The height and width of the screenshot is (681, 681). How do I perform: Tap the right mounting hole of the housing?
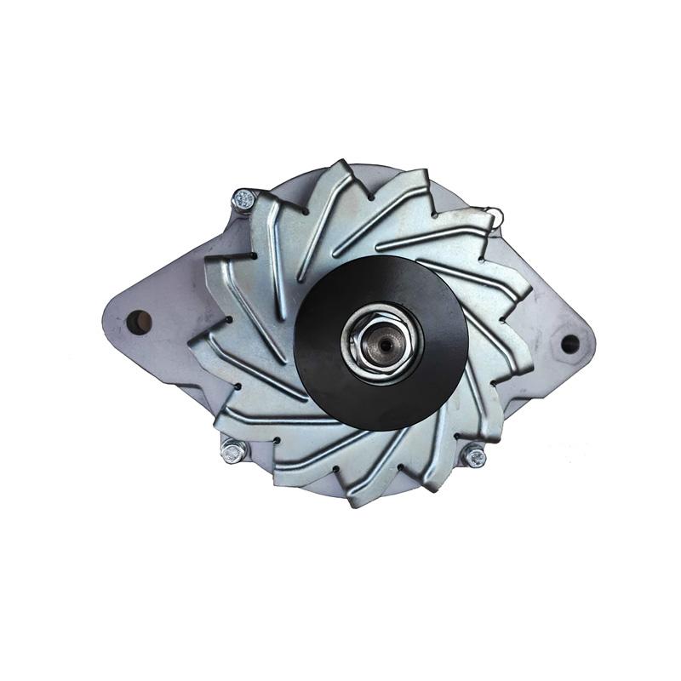(x=569, y=344)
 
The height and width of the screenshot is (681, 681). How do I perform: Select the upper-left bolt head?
(x=244, y=201)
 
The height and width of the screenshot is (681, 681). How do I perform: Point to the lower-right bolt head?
(x=474, y=457)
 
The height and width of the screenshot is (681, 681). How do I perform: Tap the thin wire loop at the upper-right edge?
(x=493, y=216)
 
